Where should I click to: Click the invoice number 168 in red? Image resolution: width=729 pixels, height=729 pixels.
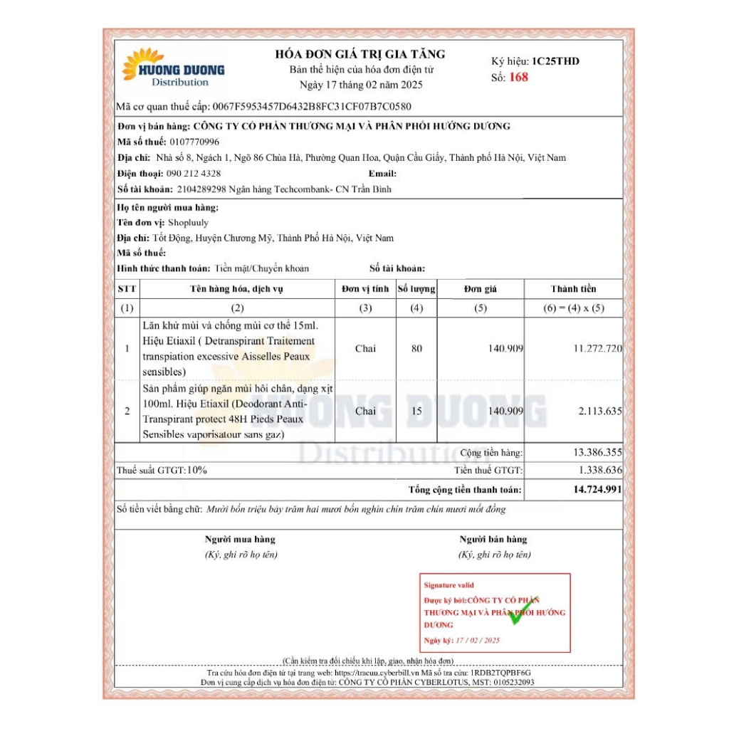[519, 78]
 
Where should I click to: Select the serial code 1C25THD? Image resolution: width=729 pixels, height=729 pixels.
[555, 61]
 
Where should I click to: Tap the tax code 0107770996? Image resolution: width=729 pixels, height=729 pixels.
[195, 142]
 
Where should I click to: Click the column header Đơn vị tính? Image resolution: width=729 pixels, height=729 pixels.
[365, 288]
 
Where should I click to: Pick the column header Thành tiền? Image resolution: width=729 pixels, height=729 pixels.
[573, 288]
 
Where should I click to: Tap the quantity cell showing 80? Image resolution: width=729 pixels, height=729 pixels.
[416, 349]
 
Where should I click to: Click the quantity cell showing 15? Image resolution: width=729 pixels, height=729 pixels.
[416, 411]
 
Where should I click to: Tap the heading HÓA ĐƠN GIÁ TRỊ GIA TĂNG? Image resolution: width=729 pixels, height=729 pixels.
[360, 54]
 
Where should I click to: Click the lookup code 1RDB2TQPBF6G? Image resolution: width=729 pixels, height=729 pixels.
[500, 672]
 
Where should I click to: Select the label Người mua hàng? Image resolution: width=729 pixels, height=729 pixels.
[240, 540]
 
